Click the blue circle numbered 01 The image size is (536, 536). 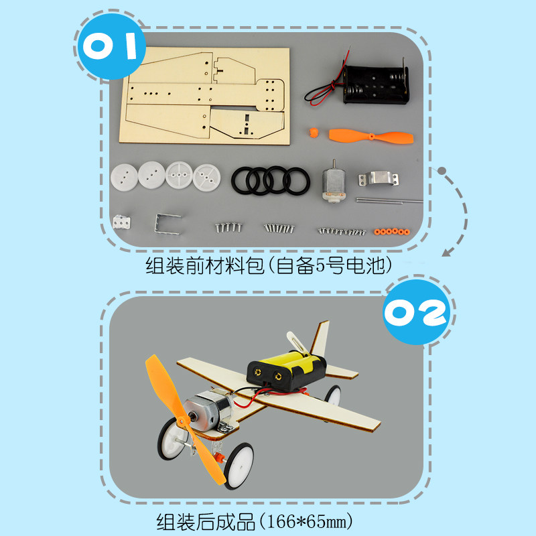click(112, 46)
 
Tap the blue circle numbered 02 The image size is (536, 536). click(416, 312)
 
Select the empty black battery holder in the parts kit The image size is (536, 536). click(375, 84)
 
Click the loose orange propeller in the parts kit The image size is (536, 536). click(371, 137)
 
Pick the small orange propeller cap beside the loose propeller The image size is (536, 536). click(314, 132)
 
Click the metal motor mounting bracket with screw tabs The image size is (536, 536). click(378, 179)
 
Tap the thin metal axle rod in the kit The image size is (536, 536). click(389, 200)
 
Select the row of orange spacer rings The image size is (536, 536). click(392, 232)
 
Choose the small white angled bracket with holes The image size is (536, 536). click(121, 222)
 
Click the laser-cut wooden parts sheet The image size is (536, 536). click(204, 96)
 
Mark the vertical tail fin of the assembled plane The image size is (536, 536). click(321, 338)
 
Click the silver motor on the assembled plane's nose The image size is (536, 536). click(207, 409)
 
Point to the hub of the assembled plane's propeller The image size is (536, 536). click(183, 421)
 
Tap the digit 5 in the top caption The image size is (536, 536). click(320, 265)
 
